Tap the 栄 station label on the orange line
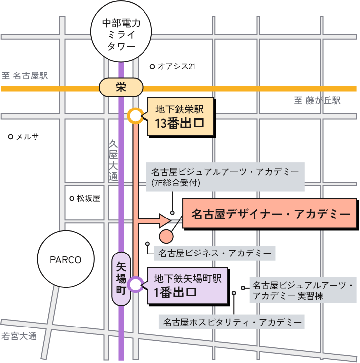(x=121, y=88)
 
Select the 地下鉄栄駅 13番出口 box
(x=181, y=116)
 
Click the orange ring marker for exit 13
(x=135, y=116)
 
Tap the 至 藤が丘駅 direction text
(x=318, y=101)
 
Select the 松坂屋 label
(x=88, y=198)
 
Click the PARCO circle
(x=66, y=260)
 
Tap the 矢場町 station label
(x=121, y=279)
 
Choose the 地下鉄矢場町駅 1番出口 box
(x=188, y=285)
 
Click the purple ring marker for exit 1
(x=135, y=285)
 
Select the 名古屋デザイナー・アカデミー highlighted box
(x=270, y=214)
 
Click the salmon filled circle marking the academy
(x=166, y=237)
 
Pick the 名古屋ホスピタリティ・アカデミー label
(x=232, y=323)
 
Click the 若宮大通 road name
(x=19, y=337)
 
